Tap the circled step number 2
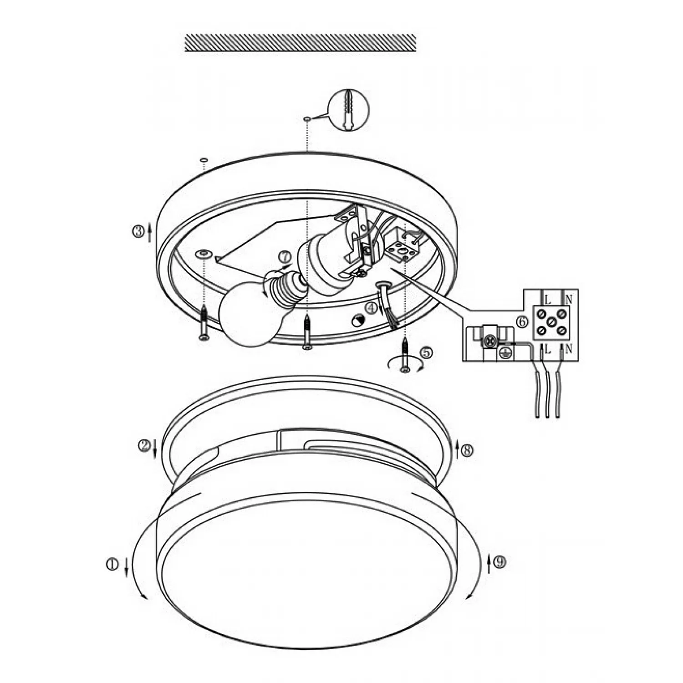click(144, 445)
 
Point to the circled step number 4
click(372, 308)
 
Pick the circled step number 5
click(427, 352)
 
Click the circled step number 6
click(522, 322)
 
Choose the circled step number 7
click(285, 257)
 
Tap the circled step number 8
click(467, 450)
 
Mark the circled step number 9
click(500, 562)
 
